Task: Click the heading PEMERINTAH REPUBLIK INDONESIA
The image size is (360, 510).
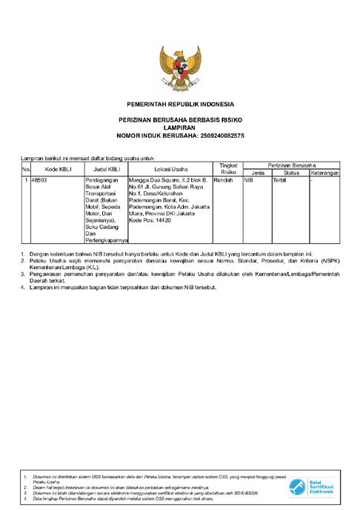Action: point(180,103)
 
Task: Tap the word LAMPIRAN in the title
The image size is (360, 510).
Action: point(180,127)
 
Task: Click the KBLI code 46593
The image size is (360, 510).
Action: point(39,180)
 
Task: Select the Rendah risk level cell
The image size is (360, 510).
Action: point(223,180)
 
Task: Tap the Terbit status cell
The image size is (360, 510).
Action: point(279,180)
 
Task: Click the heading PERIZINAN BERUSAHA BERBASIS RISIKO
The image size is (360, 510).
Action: point(180,119)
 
